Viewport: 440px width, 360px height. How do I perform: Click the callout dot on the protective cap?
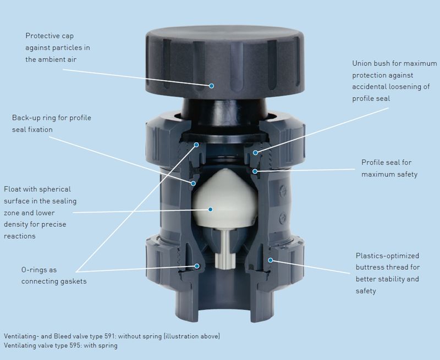pyautogui.click(x=211, y=85)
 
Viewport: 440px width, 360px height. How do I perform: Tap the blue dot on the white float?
pyautogui.click(x=210, y=209)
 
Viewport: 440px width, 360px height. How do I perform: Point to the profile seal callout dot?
pyautogui.click(x=255, y=171)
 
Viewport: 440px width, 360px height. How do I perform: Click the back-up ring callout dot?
pyautogui.click(x=193, y=182)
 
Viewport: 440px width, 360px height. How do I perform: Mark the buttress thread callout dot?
pyautogui.click(x=269, y=259)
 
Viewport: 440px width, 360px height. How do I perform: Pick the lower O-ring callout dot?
pyautogui.click(x=196, y=266)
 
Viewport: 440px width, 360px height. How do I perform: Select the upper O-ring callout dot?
pyautogui.click(x=196, y=146)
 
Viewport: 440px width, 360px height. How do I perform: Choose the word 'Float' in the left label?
pyautogui.click(x=13, y=189)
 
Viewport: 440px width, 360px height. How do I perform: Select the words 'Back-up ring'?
pyautogui.click(x=35, y=118)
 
